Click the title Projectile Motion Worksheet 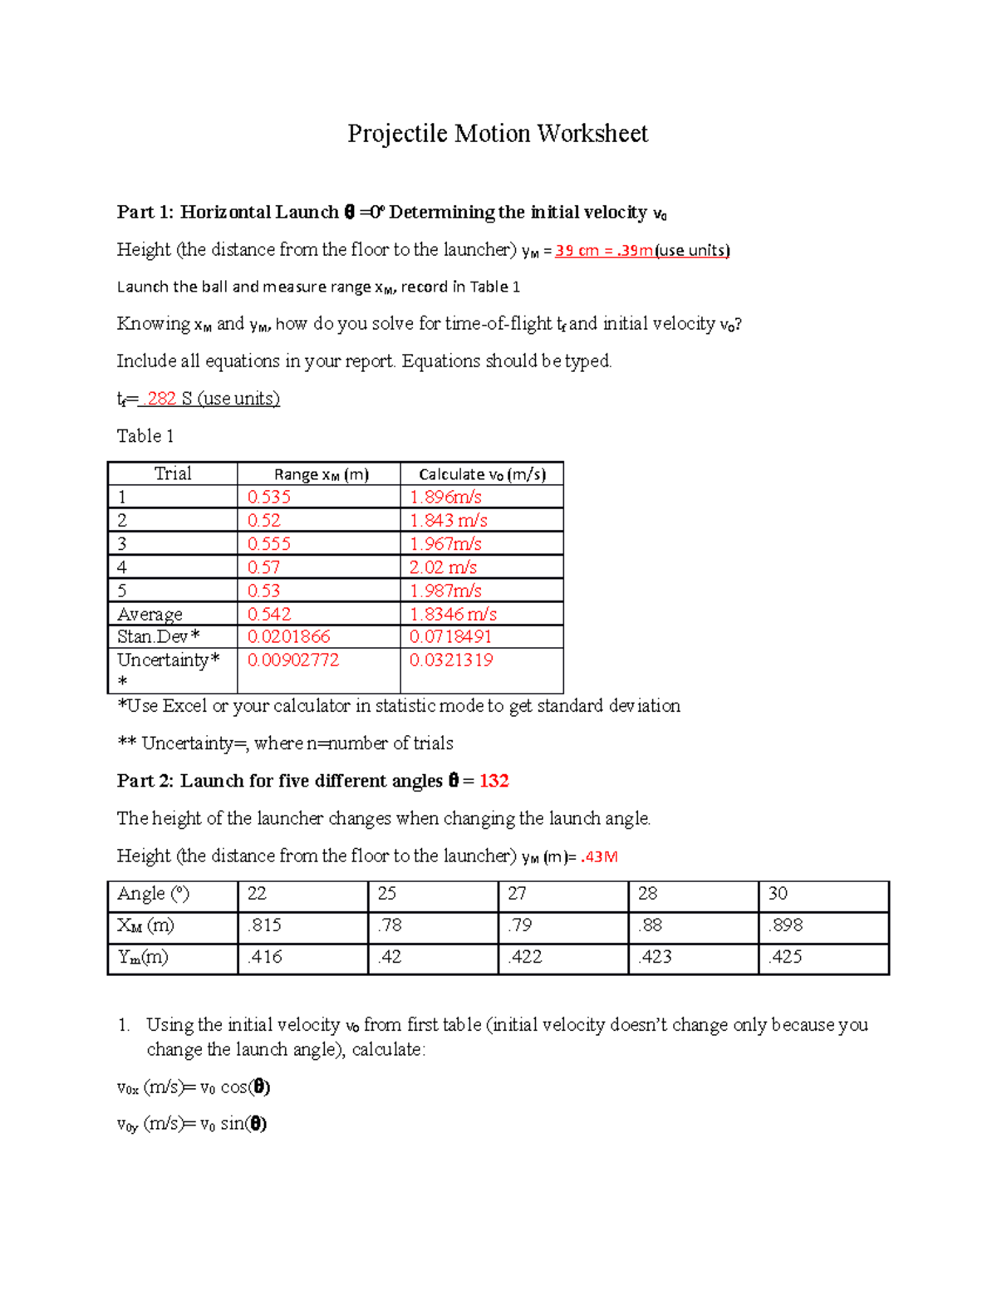[x=497, y=134]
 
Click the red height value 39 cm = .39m [x=604, y=251]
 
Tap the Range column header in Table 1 [x=321, y=474]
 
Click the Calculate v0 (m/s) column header [x=482, y=474]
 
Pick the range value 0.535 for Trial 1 [x=269, y=497]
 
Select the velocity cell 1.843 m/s [x=448, y=521]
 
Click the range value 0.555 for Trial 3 [x=269, y=544]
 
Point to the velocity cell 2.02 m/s [x=443, y=567]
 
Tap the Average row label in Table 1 [x=150, y=615]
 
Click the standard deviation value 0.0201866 [x=288, y=637]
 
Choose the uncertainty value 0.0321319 [x=451, y=660]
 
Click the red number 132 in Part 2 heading [x=494, y=781]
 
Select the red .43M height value [x=599, y=856]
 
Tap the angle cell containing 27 [x=517, y=894]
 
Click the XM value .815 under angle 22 [x=264, y=925]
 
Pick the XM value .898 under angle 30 [x=785, y=925]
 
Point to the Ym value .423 [x=656, y=957]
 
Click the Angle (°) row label [x=154, y=894]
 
